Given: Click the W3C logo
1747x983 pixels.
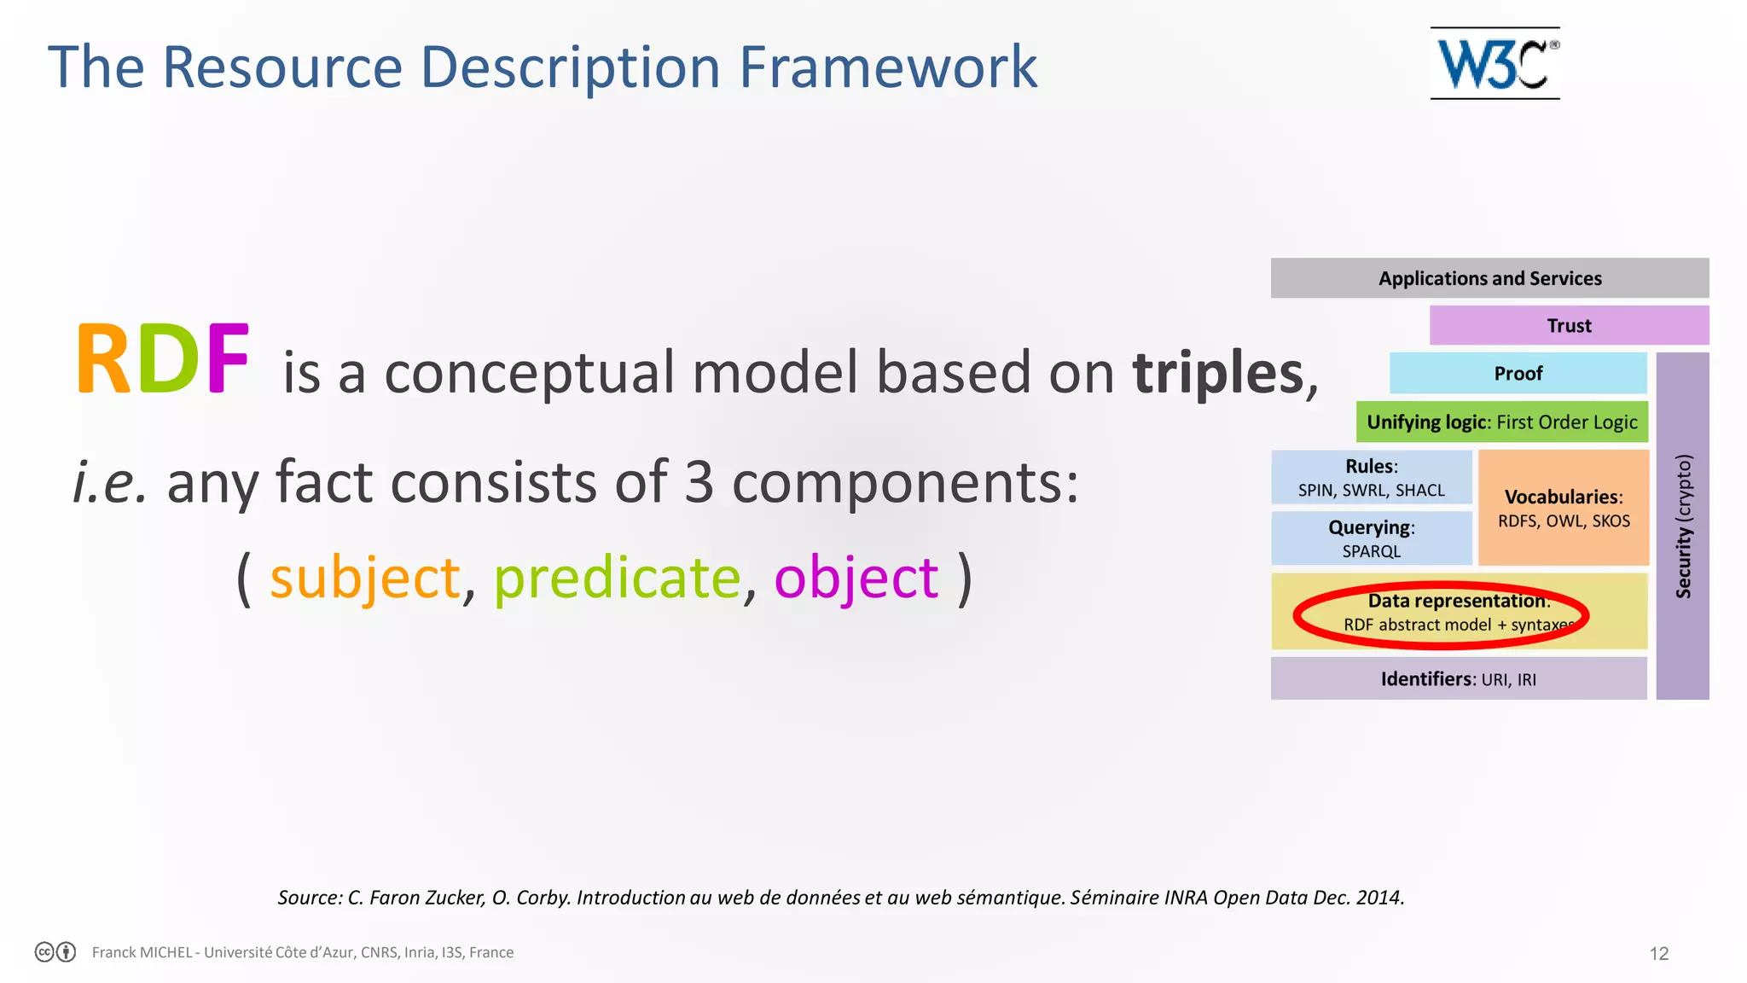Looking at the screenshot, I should click(1495, 63).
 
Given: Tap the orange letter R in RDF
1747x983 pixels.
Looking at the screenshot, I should click(102, 360).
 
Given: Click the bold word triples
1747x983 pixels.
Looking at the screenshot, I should click(1218, 374).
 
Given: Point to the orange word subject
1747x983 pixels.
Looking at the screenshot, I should click(365, 579).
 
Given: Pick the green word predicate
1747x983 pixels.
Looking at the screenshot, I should click(618, 579).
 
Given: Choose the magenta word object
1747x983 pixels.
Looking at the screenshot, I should click(856, 579).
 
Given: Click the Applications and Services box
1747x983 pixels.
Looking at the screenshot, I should click(1489, 278).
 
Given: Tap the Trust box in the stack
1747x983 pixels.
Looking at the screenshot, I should click(1569, 325).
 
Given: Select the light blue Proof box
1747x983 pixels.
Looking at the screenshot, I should click(1518, 373).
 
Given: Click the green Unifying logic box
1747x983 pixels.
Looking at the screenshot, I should click(1501, 422).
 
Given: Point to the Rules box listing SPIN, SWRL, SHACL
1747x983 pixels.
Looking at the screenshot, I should click(1371, 477).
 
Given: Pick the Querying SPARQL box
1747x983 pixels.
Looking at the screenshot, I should click(1371, 538).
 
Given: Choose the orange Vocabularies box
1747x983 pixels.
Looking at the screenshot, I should click(1564, 508).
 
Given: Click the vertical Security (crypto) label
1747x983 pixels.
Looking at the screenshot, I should click(1682, 526).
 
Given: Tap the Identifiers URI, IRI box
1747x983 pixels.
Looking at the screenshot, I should click(1458, 679).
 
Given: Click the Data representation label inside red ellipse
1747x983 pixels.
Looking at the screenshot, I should click(1457, 602).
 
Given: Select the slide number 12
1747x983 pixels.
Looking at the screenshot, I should click(1658, 953).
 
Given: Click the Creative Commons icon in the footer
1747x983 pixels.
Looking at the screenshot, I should click(45, 952).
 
